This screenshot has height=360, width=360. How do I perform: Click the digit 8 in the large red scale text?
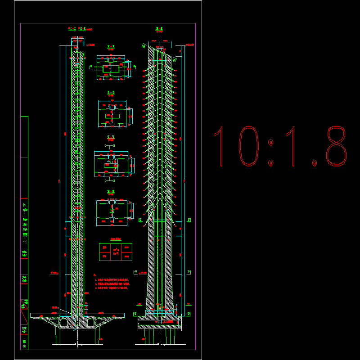click(337, 146)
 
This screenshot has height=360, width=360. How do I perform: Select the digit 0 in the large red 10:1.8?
click(248, 146)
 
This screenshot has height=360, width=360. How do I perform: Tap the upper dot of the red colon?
click(271, 143)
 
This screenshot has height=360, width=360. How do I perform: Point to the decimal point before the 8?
click(315, 162)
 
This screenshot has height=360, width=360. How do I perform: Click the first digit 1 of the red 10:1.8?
click(220, 146)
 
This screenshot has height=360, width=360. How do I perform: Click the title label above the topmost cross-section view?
click(111, 46)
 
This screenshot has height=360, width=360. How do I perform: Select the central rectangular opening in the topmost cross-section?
click(111, 69)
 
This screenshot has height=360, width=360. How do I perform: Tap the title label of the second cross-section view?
click(111, 93)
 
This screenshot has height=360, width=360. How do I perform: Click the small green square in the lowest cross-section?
click(112, 211)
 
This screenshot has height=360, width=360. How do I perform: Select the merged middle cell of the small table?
click(116, 252)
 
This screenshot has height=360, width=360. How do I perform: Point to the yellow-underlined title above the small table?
click(116, 239)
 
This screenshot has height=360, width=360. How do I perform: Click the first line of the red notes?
click(112, 279)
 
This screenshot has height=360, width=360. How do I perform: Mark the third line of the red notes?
click(112, 288)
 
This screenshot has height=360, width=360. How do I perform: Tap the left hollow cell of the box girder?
click(64, 322)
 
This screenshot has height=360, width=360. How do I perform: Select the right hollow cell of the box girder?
click(92, 322)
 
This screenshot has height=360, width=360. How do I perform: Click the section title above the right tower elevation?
click(159, 29)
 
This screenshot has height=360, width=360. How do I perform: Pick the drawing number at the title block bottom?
click(24, 345)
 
